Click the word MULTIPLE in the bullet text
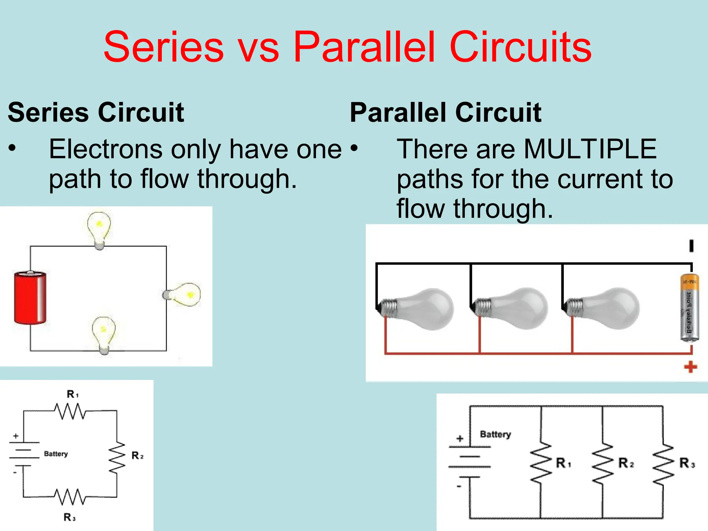590,149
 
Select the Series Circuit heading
96,112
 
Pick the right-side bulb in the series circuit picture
184,295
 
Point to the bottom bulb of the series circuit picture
103,334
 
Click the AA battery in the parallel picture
689,308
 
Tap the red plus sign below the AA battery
690,367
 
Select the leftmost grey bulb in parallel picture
418,308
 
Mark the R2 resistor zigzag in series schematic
117,457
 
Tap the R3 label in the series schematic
69,517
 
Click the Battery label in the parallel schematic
495,434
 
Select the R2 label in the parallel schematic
626,463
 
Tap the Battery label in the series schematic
56,454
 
